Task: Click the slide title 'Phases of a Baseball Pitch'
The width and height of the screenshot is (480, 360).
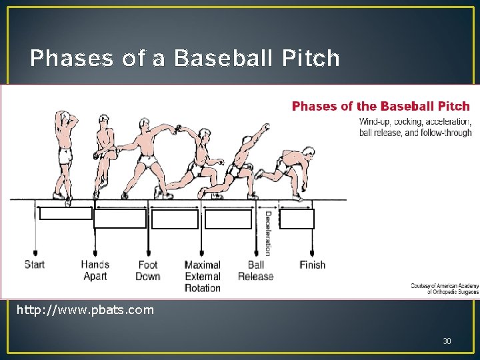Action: click(185, 59)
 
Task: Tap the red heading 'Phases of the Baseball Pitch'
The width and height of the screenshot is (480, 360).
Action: click(381, 106)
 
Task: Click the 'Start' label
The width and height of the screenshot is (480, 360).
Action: click(35, 264)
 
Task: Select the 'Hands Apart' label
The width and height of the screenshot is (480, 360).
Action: click(95, 270)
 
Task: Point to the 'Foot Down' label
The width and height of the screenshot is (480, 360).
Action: click(148, 270)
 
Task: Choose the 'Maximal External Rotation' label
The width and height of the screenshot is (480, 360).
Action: click(202, 276)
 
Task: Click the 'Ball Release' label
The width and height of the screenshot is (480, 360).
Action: click(255, 270)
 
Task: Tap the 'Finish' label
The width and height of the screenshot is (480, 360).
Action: click(312, 265)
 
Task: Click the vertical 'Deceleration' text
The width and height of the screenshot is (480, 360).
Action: click(267, 233)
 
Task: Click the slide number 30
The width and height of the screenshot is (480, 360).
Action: click(447, 341)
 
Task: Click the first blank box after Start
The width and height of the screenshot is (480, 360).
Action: click(65, 213)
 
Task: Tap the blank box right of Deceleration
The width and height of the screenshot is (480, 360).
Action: click(297, 219)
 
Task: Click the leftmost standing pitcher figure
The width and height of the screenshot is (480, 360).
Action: click(65, 153)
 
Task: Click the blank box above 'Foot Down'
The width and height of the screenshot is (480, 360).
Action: click(175, 219)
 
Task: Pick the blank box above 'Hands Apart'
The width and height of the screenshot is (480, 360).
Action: click(120, 219)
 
